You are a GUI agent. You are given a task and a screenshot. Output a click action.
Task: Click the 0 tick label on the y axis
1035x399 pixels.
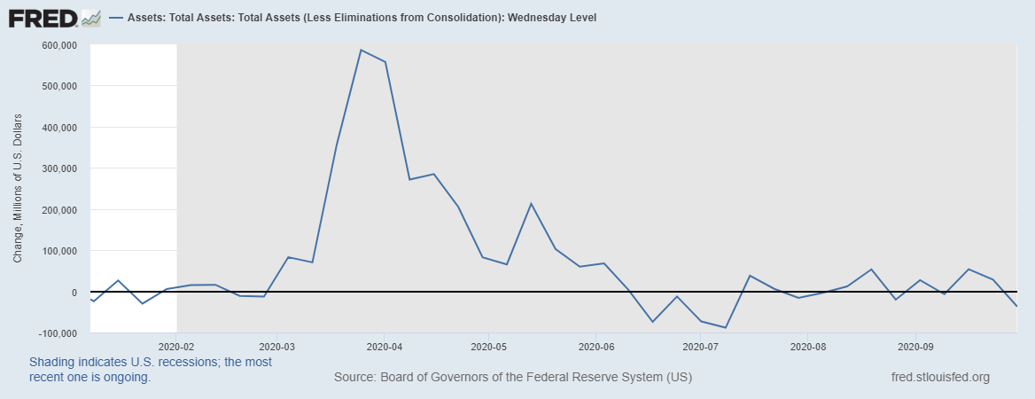[74, 293]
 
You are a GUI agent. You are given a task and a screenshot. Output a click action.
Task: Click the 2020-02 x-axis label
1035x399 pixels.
[177, 347]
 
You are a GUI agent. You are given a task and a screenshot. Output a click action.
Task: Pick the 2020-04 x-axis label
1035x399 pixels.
[384, 347]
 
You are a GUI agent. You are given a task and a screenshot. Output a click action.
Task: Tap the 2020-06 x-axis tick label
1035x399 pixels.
[596, 347]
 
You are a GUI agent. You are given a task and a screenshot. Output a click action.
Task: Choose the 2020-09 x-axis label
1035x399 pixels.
[914, 347]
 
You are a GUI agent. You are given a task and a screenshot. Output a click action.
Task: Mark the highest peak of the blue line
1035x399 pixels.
[361, 50]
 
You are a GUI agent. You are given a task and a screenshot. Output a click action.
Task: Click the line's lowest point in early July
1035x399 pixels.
[726, 328]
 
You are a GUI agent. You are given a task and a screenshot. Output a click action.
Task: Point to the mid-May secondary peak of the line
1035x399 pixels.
[531, 204]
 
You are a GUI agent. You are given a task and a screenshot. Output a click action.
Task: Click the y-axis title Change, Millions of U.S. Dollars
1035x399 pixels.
[18, 189]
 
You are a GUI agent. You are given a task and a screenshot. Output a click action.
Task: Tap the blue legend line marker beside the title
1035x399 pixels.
[117, 18]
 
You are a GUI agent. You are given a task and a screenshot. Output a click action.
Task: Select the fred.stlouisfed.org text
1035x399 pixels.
[939, 378]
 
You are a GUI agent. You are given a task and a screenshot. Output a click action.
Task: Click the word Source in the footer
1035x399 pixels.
[354, 378]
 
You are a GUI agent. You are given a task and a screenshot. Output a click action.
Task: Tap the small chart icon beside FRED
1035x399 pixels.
[90, 18]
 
